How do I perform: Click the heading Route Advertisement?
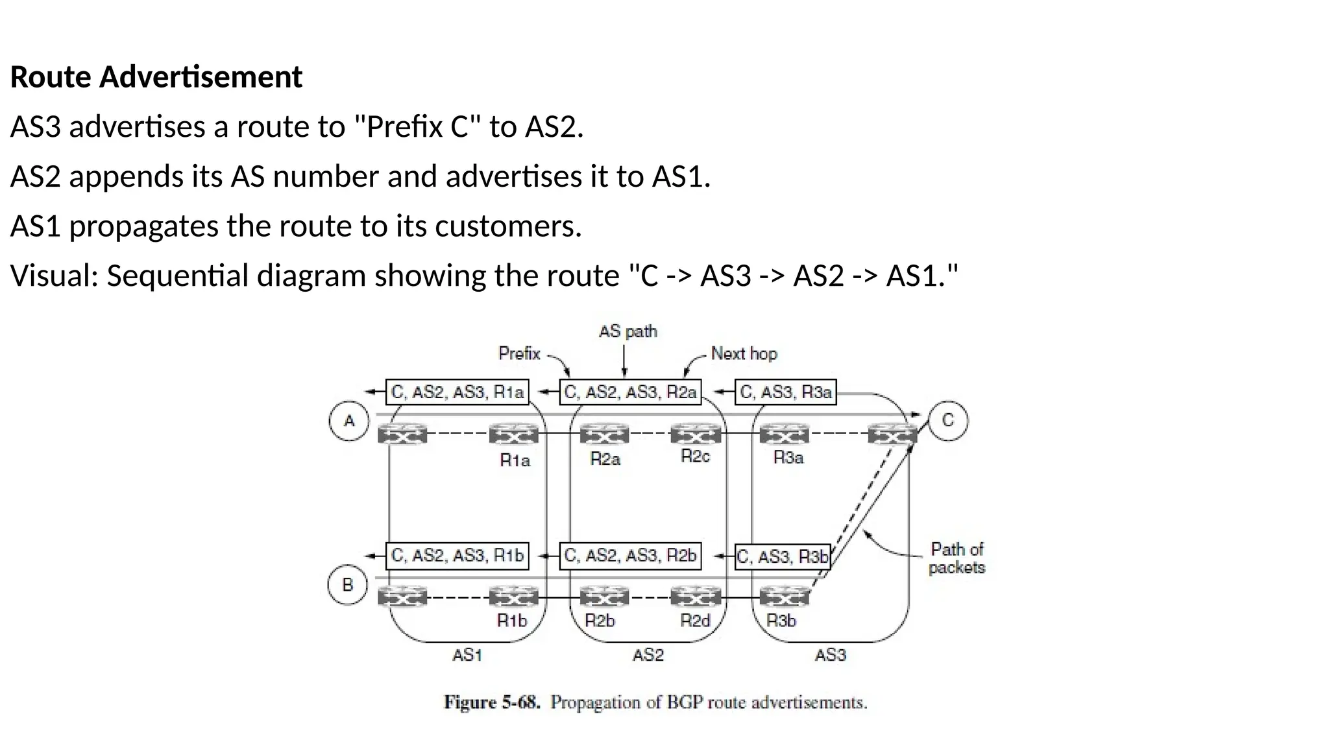click(156, 77)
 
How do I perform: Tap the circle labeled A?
click(349, 421)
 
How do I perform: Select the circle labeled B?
click(348, 585)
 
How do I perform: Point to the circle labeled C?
click(947, 421)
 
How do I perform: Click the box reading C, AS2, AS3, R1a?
click(457, 392)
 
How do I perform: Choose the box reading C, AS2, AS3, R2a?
click(630, 392)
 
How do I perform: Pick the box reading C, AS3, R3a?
click(785, 392)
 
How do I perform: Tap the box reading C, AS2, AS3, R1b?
click(457, 556)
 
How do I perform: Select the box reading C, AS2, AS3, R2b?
click(630, 556)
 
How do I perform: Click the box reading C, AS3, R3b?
click(783, 557)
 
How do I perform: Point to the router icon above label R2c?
click(696, 433)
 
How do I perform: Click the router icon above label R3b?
click(784, 596)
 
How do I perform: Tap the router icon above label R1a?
click(514, 434)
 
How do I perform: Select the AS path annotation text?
click(628, 332)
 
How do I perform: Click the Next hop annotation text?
click(744, 354)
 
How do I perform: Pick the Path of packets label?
click(957, 558)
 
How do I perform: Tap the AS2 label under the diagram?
click(648, 656)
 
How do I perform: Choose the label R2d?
click(695, 621)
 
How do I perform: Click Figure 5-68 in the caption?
click(491, 703)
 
